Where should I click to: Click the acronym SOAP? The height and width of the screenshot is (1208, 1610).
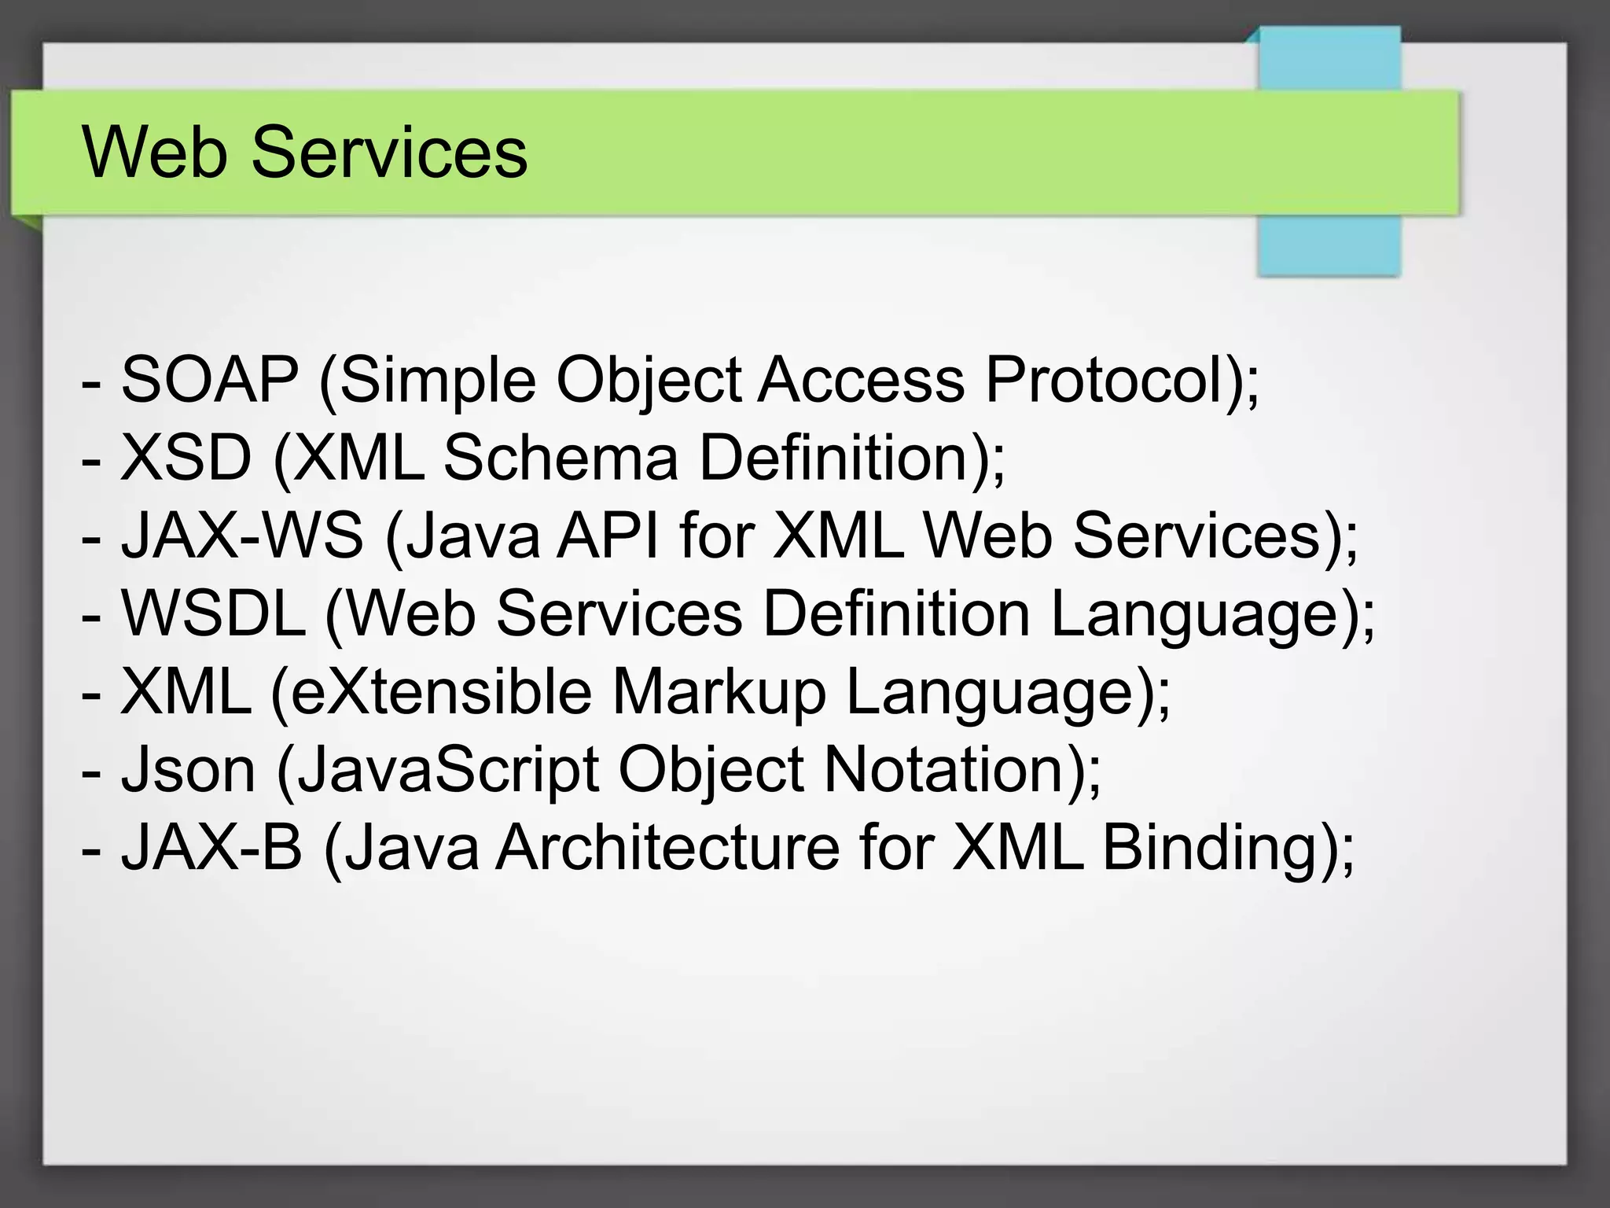click(x=210, y=380)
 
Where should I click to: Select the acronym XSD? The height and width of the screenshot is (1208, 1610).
click(x=186, y=458)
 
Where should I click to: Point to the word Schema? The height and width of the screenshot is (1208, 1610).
click(x=561, y=458)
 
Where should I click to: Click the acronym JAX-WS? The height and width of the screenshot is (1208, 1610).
click(x=242, y=536)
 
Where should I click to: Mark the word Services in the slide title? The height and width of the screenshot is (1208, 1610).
click(x=389, y=152)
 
